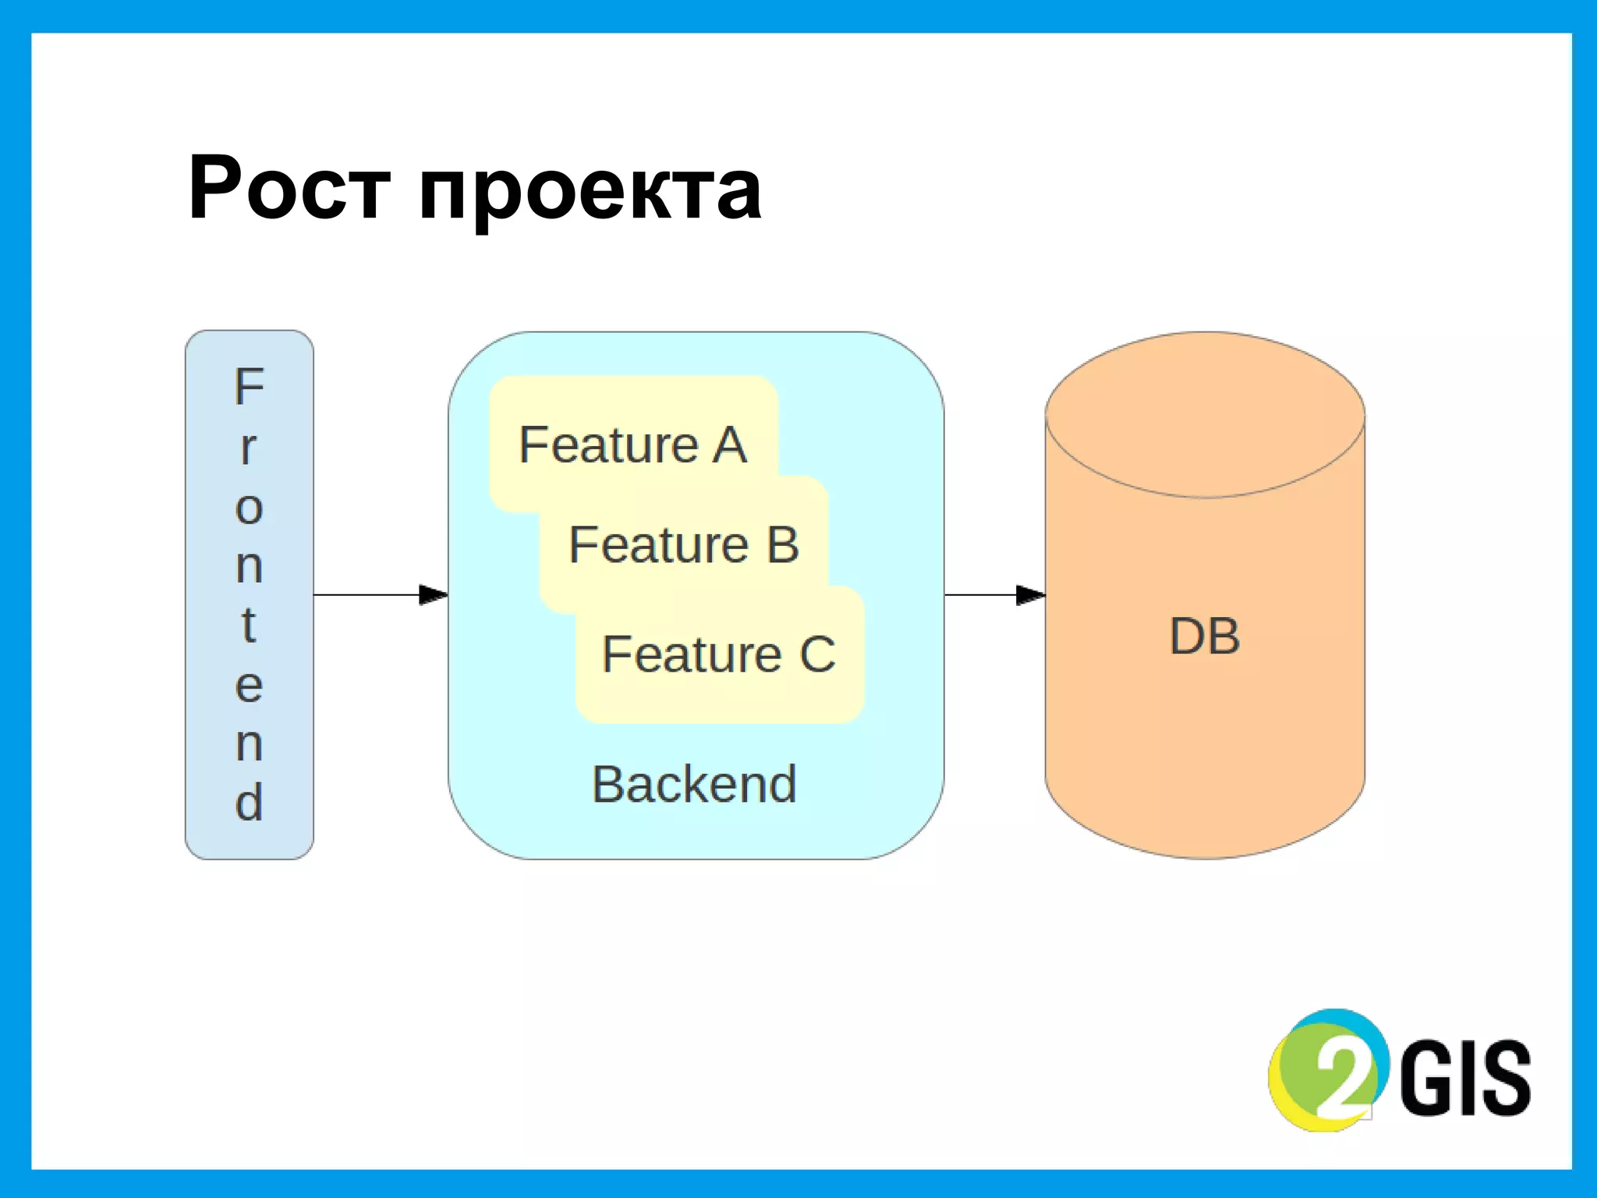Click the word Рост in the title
coord(289,189)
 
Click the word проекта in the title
coord(590,191)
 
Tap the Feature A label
coord(632,445)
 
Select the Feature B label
coord(684,544)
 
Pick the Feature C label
coord(718,654)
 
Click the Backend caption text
coord(694,784)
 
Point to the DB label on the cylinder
coord(1205,636)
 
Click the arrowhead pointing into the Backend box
coord(434,595)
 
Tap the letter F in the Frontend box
coord(250,387)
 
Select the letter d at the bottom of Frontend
coord(249,802)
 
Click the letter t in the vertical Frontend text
coord(249,625)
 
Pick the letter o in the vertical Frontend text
coord(250,509)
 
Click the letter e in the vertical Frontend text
coord(249,686)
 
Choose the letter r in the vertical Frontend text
coord(248,448)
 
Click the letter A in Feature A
coord(729,445)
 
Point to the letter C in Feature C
coord(817,654)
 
